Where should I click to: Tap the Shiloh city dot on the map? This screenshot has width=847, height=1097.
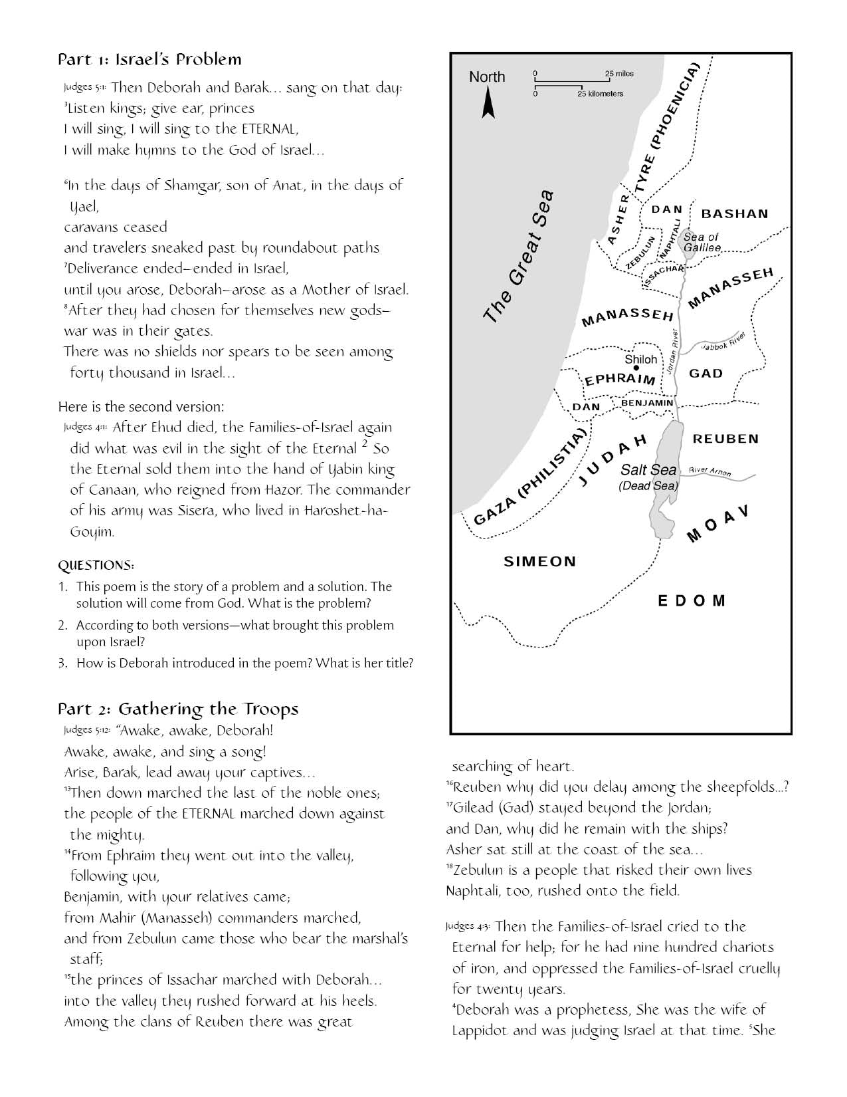pos(636,368)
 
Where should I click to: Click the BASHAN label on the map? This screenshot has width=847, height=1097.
pos(735,214)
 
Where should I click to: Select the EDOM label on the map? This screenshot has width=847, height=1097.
pos(692,601)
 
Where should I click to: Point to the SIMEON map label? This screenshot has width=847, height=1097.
pos(540,562)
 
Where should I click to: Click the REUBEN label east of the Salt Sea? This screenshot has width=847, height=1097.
pos(725,439)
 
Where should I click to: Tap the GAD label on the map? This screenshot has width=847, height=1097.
pos(706,373)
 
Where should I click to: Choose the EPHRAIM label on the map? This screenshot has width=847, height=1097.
pos(620,380)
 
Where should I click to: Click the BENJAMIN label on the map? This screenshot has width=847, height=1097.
pos(647,403)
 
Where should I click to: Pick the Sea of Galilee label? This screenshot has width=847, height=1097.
pos(702,242)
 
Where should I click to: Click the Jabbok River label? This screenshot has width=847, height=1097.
pos(724,341)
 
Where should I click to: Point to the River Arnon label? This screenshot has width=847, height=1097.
pos(710,471)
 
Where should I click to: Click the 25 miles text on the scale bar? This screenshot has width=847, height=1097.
pos(619,73)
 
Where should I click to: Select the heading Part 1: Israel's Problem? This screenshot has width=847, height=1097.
pos(149,60)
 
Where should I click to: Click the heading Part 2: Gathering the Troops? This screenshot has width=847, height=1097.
pos(178,709)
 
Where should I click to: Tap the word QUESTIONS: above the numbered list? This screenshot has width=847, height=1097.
pos(96,566)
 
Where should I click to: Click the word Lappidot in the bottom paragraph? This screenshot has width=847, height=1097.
pos(480,1031)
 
